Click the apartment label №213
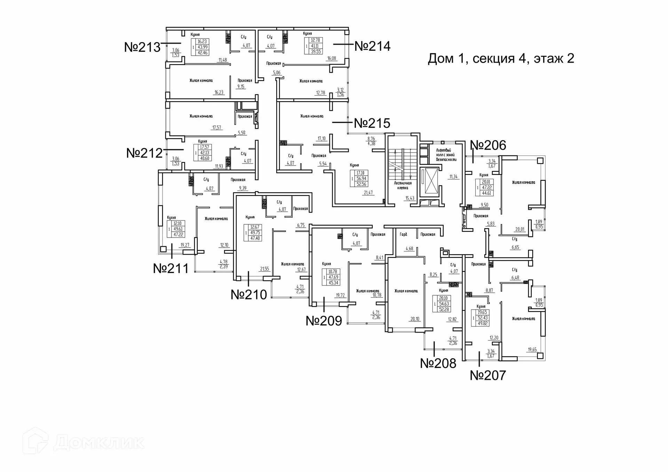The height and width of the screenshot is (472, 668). [142, 47]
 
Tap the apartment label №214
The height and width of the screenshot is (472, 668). [372, 46]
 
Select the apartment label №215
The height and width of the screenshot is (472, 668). [372, 123]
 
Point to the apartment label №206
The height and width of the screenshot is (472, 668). [488, 145]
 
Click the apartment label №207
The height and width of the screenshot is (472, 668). [488, 376]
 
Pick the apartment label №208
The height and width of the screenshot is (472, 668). [438, 363]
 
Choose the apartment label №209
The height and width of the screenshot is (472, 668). [324, 321]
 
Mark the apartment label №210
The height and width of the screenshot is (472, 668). [249, 295]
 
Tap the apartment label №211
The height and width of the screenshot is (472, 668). [171, 269]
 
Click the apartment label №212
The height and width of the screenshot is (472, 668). [144, 153]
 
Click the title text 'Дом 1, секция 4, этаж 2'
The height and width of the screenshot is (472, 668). [501, 58]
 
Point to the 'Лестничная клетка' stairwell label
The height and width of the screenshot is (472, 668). [403, 185]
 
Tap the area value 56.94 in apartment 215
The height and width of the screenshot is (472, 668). [361, 178]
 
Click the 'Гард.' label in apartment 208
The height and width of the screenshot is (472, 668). [403, 234]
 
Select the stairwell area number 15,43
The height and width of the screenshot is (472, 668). [409, 198]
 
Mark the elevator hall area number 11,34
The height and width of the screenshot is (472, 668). [453, 177]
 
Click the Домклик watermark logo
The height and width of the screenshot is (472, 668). [83, 442]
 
